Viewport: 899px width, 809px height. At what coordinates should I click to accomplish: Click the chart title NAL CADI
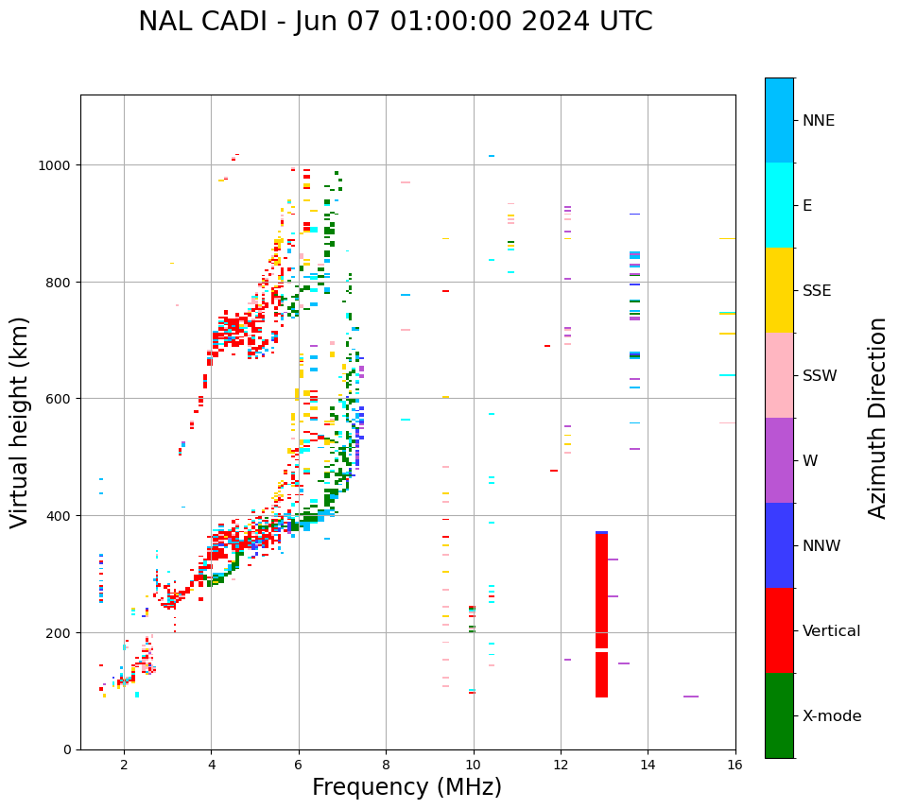click(x=395, y=22)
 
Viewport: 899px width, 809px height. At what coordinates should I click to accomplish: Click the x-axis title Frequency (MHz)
click(x=406, y=787)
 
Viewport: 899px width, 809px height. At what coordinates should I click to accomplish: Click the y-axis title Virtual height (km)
click(x=20, y=422)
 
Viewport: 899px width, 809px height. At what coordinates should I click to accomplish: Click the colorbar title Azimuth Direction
click(x=878, y=418)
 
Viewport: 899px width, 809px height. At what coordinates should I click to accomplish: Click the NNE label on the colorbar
click(x=819, y=121)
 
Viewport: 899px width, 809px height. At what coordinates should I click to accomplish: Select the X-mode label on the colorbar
click(x=832, y=716)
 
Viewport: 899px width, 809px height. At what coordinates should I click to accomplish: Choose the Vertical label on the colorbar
click(x=832, y=631)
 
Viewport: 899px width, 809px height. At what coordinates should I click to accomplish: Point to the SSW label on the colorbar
click(x=820, y=376)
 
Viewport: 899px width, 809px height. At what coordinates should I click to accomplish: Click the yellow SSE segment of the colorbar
click(x=779, y=290)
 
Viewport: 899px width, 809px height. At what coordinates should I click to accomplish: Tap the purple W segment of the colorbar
click(x=779, y=460)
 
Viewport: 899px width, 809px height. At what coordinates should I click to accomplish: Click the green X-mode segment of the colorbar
click(x=779, y=715)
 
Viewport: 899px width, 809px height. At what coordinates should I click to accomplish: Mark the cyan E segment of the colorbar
click(x=779, y=205)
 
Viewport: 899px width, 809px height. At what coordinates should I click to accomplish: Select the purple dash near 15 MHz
click(x=691, y=697)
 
